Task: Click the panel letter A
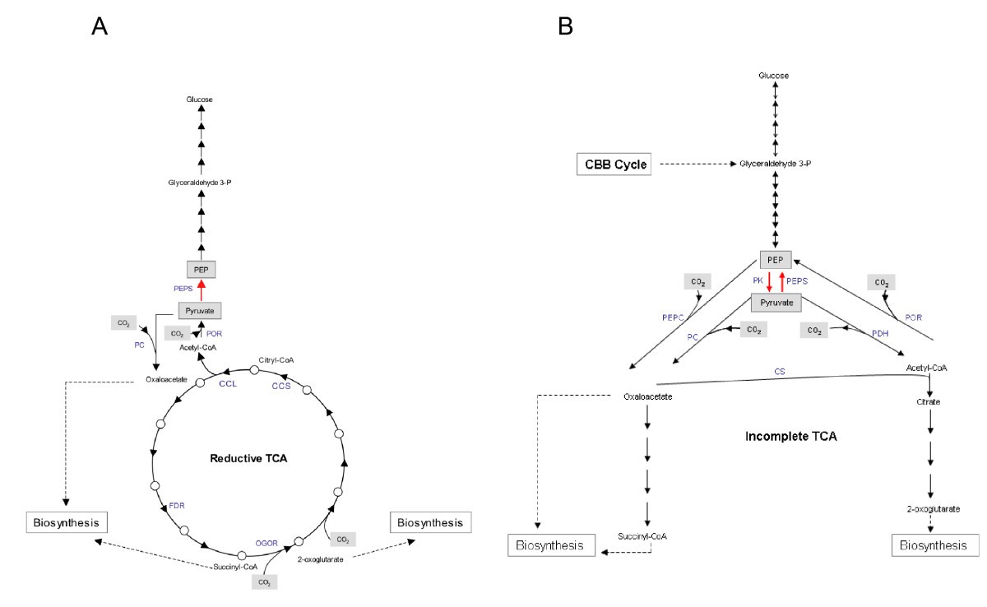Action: click(100, 27)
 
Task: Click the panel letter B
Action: click(565, 27)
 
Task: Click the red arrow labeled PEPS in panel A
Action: click(201, 290)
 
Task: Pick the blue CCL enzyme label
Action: click(228, 382)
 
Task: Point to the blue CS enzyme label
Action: click(777, 372)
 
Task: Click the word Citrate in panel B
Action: click(928, 402)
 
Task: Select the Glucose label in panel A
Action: click(200, 100)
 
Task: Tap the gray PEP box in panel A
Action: click(201, 269)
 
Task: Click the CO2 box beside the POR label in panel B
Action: click(881, 282)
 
